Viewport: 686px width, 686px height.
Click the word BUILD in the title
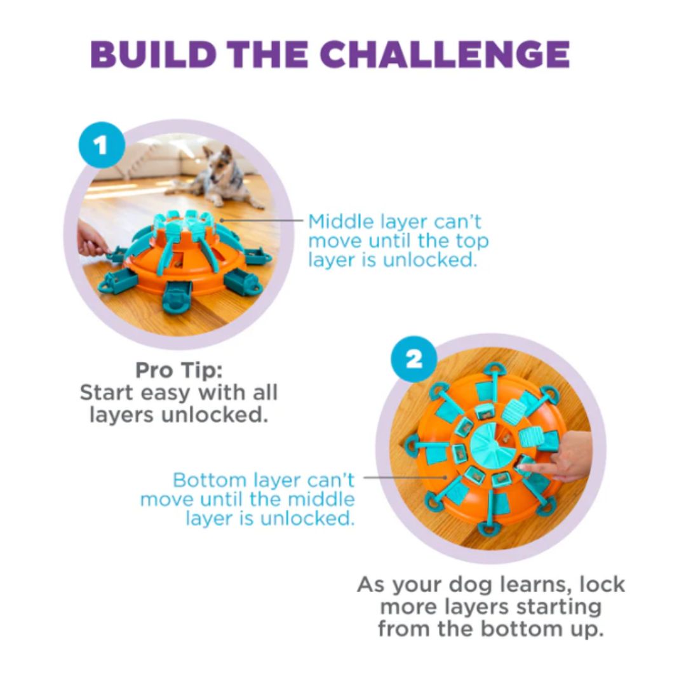pos(152,54)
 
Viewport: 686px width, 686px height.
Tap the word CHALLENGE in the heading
pos(445,54)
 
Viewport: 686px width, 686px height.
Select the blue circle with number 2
pos(414,360)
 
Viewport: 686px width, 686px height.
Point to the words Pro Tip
pos(179,370)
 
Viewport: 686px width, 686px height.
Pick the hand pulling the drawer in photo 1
pos(93,239)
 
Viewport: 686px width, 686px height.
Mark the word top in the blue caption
pos(471,241)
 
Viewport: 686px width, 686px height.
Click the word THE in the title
pos(268,54)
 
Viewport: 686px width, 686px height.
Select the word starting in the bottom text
pos(559,608)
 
